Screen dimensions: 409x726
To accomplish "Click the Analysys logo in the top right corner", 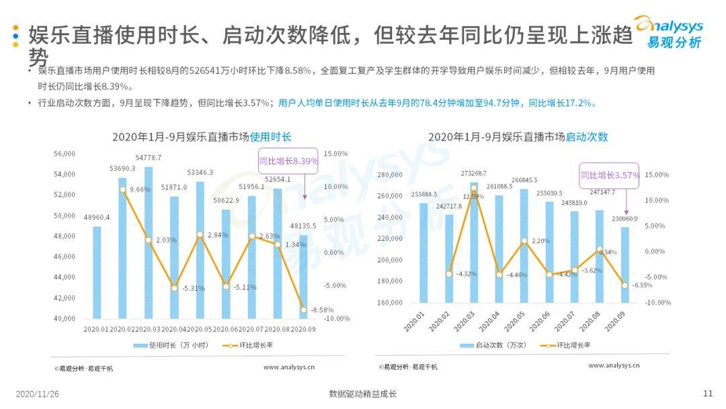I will [668, 32].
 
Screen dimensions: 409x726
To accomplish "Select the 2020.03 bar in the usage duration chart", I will [149, 243].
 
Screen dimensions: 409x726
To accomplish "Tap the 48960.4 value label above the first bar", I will [97, 217].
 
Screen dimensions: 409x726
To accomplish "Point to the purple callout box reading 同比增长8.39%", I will [288, 161].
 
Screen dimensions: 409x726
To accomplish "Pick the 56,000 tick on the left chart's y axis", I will [65, 154].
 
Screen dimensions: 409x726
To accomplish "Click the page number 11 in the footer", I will [707, 394].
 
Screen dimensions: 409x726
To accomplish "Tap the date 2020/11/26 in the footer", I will [38, 394].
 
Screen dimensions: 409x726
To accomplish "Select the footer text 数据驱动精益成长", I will [363, 394].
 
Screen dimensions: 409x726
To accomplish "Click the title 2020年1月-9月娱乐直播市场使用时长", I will [202, 137].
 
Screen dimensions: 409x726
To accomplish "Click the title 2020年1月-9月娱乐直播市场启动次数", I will [518, 137].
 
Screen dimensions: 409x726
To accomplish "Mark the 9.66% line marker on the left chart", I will [122, 190].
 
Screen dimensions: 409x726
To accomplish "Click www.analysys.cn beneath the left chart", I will [289, 367].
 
